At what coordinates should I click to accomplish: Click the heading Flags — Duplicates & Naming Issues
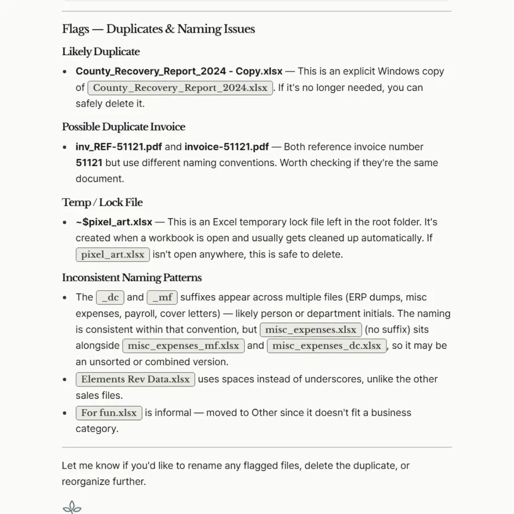click(x=158, y=29)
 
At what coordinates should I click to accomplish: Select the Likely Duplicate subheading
click(x=101, y=52)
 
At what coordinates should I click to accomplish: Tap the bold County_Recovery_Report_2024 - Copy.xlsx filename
click(x=179, y=71)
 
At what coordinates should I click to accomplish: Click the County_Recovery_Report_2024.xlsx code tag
click(x=180, y=88)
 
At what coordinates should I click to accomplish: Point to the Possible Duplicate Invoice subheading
click(x=123, y=127)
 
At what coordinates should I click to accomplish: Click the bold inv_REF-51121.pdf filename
click(x=122, y=147)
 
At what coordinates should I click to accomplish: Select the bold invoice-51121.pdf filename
click(x=227, y=147)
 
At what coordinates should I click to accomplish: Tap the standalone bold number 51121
click(x=89, y=163)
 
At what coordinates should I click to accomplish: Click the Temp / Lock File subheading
click(x=102, y=203)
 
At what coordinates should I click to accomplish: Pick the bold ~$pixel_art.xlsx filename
click(x=114, y=222)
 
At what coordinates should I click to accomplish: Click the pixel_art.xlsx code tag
click(x=113, y=255)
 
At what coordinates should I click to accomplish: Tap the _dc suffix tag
click(x=110, y=298)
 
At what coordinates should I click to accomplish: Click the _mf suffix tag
click(x=162, y=298)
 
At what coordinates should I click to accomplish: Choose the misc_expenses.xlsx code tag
click(x=310, y=330)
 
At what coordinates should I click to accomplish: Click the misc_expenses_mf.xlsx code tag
click(x=183, y=346)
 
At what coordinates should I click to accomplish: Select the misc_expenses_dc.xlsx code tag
click(x=326, y=346)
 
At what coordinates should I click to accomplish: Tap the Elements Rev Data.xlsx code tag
click(x=135, y=379)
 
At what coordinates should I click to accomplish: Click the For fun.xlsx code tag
click(x=109, y=413)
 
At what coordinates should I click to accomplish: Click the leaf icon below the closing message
click(x=72, y=507)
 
